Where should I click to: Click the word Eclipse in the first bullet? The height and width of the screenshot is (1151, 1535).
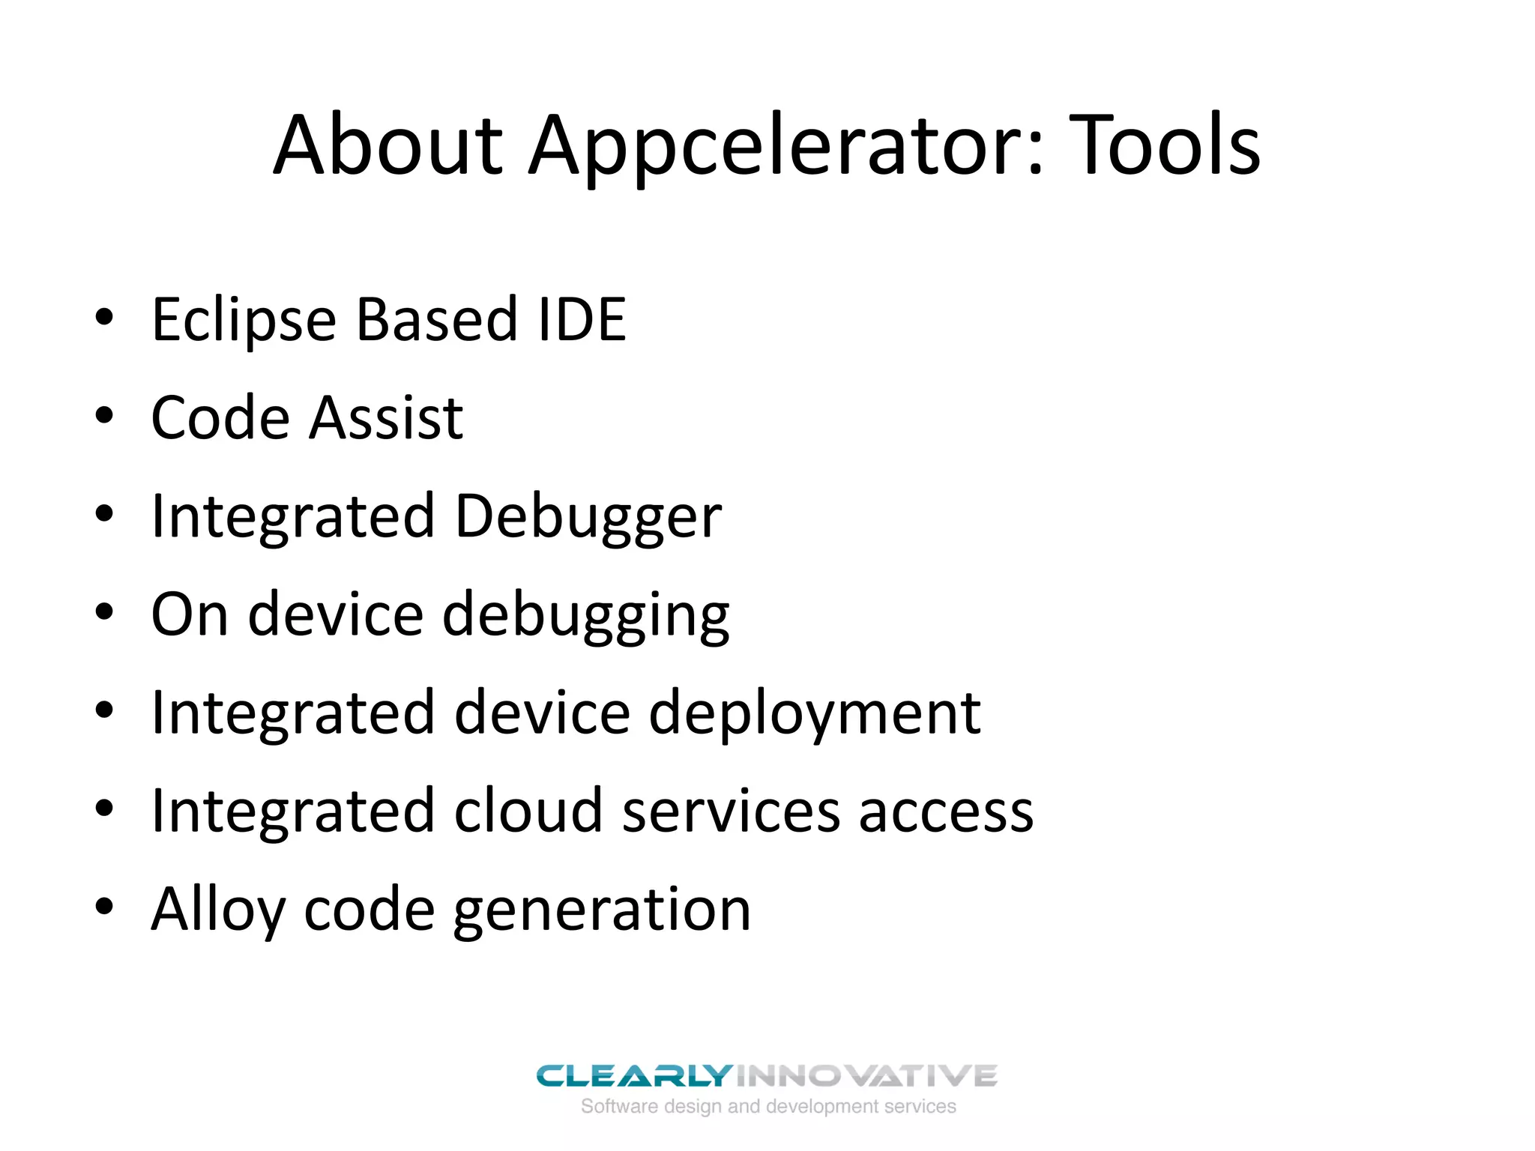[244, 321]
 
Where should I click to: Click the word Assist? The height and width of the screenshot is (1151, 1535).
[386, 417]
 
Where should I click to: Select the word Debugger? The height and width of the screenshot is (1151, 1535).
[588, 517]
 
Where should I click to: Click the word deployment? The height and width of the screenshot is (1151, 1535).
[814, 713]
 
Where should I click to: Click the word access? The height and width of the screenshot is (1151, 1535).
[946, 812]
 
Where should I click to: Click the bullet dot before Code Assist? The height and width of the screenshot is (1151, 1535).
[104, 415]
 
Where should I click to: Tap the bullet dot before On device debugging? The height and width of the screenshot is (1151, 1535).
[104, 611]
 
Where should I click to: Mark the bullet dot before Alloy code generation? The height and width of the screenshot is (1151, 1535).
[104, 906]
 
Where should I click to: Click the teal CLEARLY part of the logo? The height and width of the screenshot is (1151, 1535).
[633, 1076]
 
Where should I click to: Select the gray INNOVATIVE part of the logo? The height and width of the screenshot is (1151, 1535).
[866, 1076]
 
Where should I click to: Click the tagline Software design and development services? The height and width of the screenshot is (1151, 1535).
[768, 1107]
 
